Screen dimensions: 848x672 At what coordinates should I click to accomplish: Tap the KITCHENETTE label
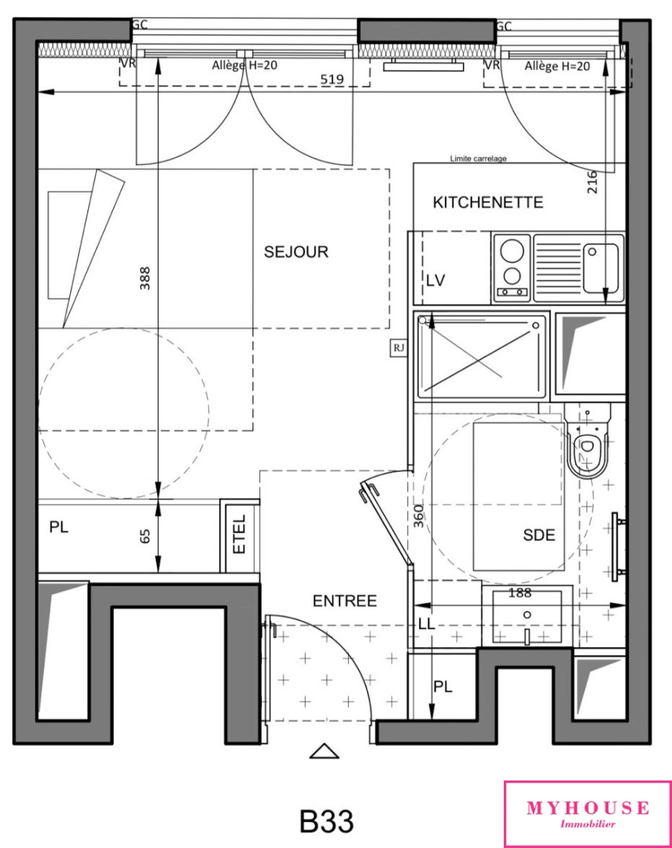coord(487,203)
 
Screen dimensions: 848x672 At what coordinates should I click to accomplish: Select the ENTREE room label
coord(344,601)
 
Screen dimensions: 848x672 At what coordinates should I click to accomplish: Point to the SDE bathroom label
coord(539,535)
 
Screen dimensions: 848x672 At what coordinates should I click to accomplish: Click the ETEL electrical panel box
coord(240,534)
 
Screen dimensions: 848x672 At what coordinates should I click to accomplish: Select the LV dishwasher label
coord(435,280)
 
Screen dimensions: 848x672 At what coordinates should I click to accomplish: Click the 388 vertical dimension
coord(145,278)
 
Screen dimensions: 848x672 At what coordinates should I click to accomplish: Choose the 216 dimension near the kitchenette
coord(593,182)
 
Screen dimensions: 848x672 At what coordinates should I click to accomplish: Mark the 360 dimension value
coord(419,515)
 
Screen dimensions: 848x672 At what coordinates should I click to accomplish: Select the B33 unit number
coord(326,821)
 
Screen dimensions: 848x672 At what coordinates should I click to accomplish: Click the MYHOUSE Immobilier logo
coord(587,814)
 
